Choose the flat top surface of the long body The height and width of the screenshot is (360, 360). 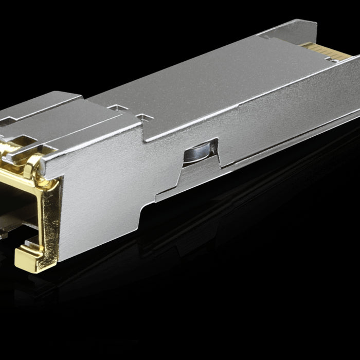pyautogui.click(x=206, y=82)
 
